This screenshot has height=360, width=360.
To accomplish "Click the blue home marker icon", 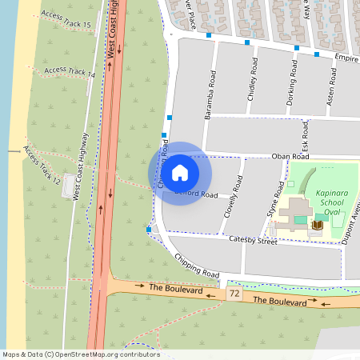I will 180,173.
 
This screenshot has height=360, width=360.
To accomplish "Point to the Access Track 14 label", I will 70,72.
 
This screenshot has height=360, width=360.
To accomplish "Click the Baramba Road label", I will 210,93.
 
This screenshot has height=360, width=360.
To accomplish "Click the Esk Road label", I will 305,133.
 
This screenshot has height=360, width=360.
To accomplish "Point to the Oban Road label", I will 290,157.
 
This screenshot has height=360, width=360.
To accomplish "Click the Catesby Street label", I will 252,240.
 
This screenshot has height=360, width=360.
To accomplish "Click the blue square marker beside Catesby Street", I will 149,230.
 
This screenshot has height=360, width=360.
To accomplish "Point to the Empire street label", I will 346,58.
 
